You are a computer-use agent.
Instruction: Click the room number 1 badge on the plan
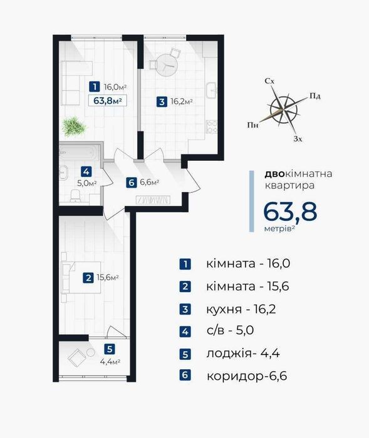tap(95, 86)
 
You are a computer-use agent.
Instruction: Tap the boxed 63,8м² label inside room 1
tap(107, 101)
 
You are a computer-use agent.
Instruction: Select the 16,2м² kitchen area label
tap(182, 101)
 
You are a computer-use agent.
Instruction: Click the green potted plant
tap(74, 126)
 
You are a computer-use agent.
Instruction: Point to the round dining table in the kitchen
tap(167, 65)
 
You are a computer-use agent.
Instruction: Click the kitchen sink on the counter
tap(211, 91)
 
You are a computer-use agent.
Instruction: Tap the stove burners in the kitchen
tap(212, 127)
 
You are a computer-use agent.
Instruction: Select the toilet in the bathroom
tap(75, 196)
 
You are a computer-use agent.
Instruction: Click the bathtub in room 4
tap(79, 153)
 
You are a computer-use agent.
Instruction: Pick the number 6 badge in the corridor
tap(131, 183)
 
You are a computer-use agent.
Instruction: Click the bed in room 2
tap(81, 277)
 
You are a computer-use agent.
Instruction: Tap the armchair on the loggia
tap(76, 357)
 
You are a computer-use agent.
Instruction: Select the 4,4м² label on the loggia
tap(110, 362)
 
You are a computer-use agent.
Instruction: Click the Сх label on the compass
tap(269, 81)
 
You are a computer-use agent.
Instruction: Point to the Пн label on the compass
tap(252, 125)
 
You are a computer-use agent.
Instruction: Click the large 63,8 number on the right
tap(290, 211)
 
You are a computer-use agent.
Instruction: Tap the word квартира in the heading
tap(289, 185)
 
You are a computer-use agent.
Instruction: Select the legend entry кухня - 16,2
tap(241, 309)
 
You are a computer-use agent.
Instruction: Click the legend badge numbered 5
tap(185, 354)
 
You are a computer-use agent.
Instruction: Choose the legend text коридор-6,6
tap(247, 376)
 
